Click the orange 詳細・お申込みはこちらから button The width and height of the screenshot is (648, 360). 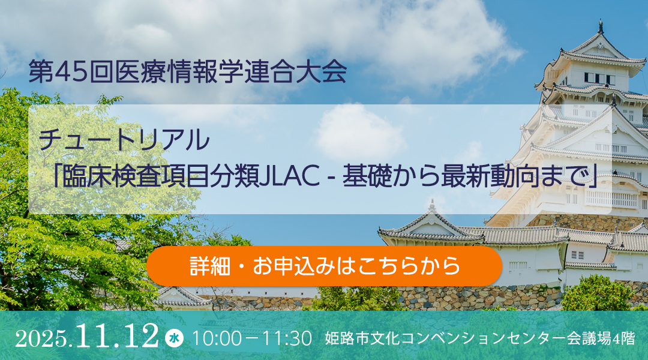325,266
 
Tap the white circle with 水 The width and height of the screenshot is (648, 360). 174,338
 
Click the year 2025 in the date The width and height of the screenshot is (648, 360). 41,340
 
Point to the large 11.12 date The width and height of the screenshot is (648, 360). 117,335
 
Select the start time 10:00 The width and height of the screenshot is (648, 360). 217,338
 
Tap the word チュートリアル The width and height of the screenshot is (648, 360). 124,140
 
